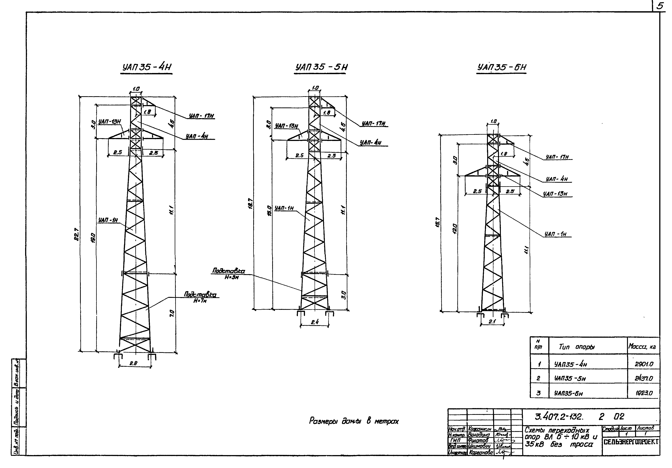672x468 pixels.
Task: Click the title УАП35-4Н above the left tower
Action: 147,68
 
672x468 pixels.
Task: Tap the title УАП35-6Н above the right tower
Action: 502,68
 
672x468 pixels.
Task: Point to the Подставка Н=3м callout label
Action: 228,274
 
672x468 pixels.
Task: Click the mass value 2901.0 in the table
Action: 644,364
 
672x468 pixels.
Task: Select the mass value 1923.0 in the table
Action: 644,393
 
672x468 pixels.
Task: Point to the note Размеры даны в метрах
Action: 354,421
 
